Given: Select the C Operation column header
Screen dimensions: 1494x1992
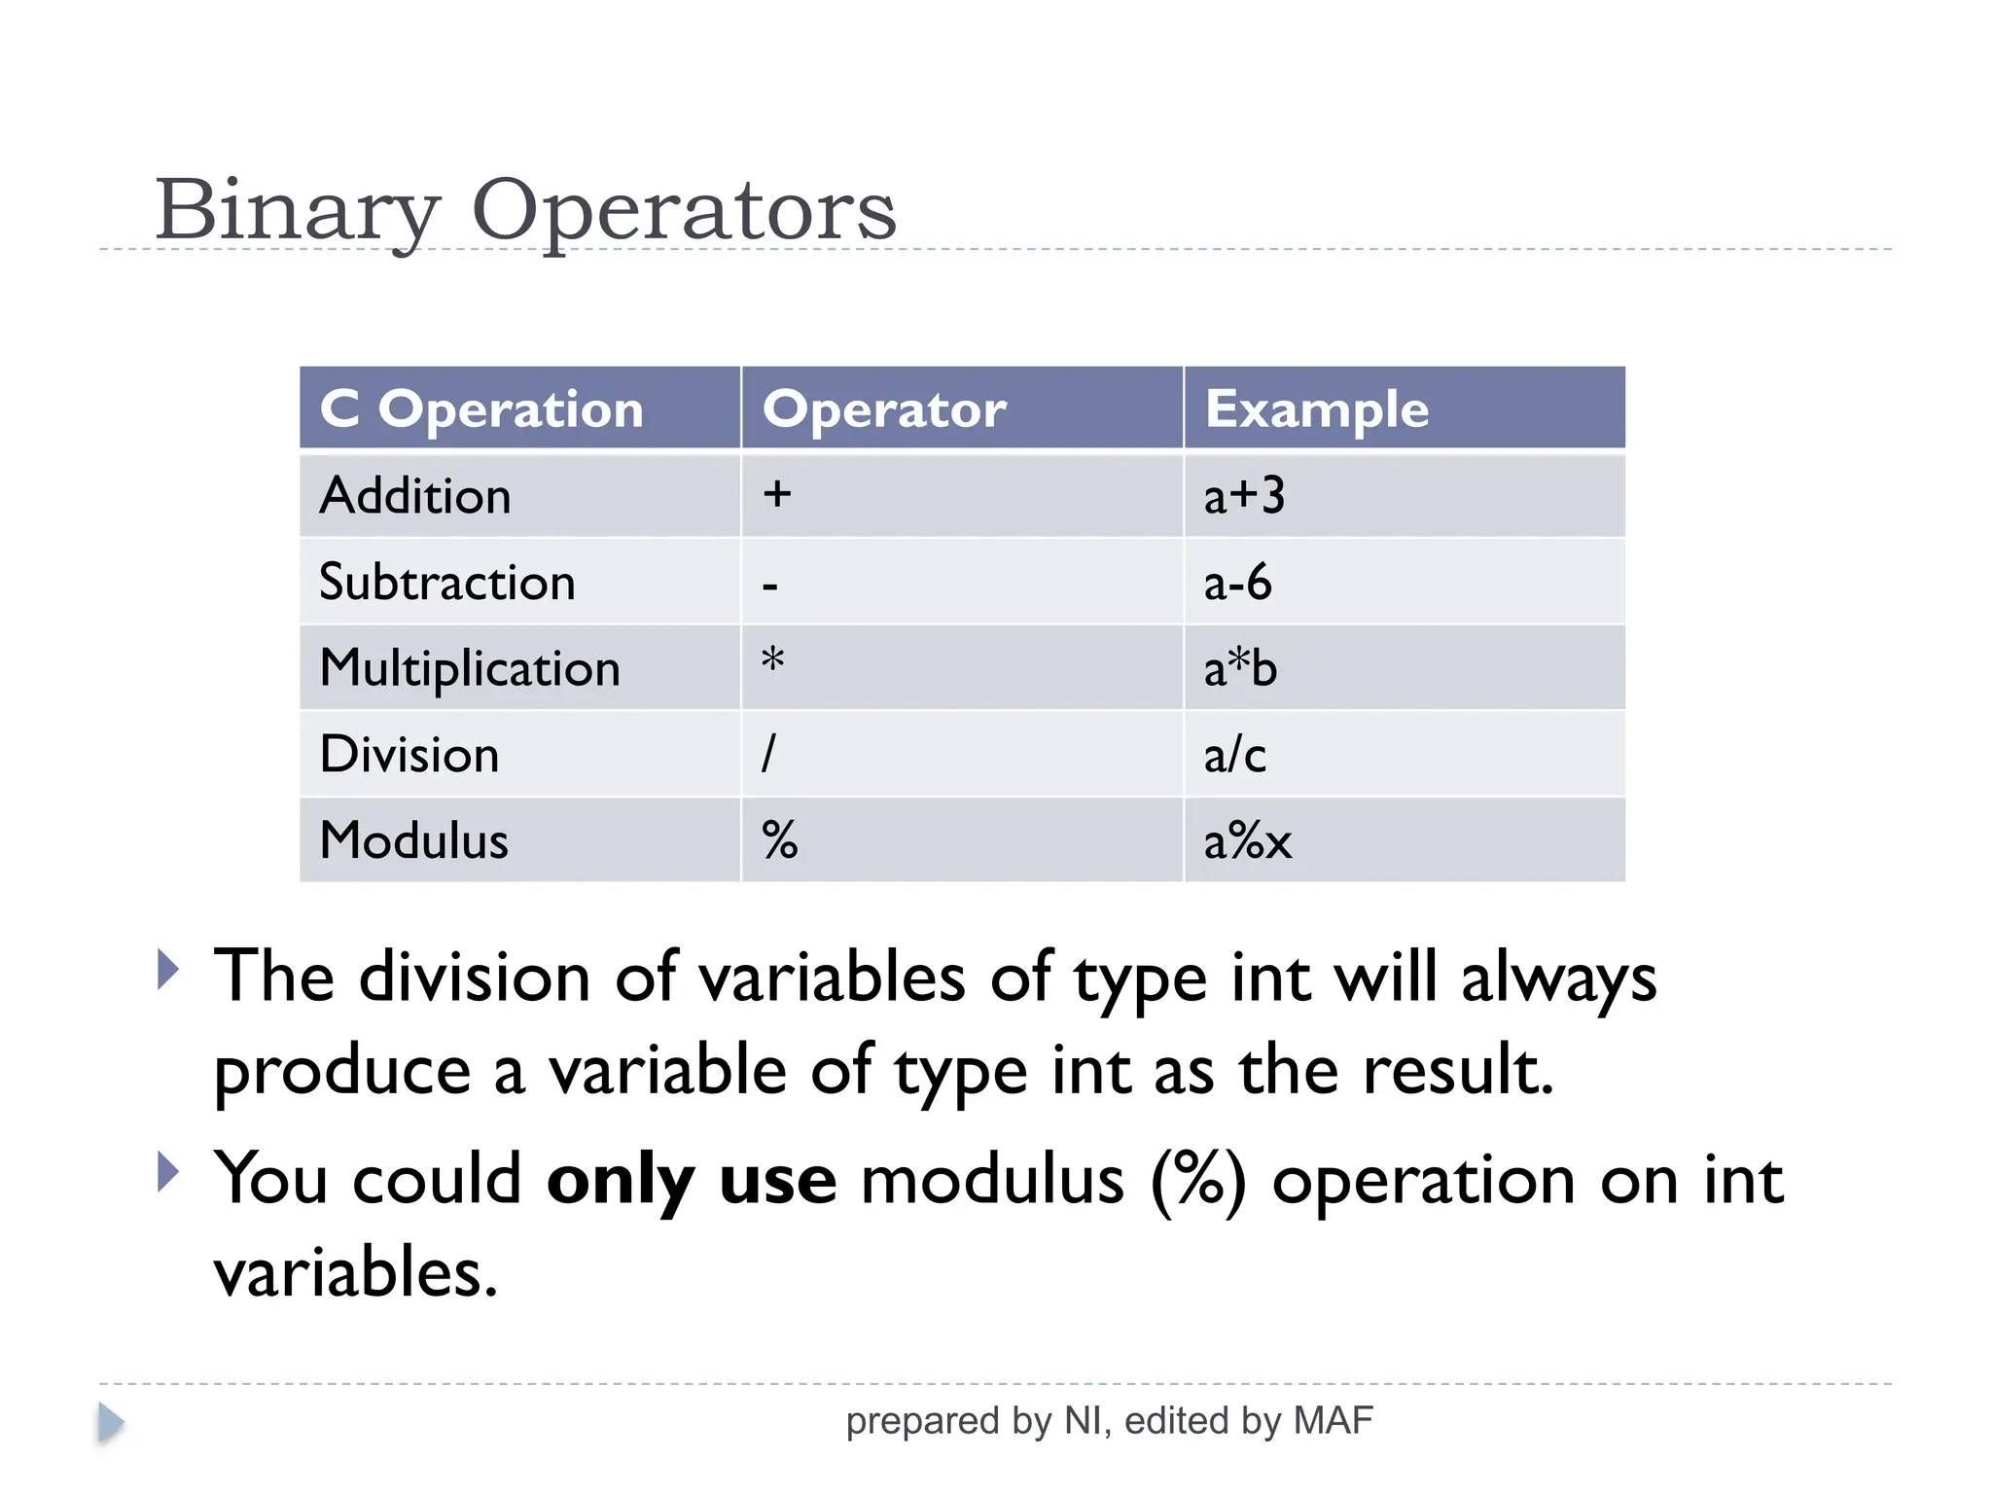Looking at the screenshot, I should (x=482, y=409).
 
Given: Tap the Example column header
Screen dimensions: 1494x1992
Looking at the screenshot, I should (x=1317, y=409).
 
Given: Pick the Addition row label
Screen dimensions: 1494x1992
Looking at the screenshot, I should (x=415, y=496).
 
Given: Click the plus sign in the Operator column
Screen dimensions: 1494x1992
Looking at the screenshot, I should (x=776, y=494).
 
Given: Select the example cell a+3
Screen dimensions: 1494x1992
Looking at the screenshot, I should (x=1244, y=496).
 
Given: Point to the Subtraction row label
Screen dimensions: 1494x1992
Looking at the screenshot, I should (x=447, y=583).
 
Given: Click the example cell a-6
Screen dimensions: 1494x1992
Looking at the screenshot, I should (x=1237, y=583).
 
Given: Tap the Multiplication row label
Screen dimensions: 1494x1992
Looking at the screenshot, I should (x=470, y=669).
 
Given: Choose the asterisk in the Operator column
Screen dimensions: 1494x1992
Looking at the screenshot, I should (x=772, y=661).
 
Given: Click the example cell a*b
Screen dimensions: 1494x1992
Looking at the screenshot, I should (x=1240, y=669).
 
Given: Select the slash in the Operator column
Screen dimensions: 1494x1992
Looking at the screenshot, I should (x=768, y=754).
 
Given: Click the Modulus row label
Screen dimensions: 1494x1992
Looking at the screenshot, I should (x=414, y=840).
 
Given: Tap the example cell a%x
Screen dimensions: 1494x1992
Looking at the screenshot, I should (x=1248, y=841).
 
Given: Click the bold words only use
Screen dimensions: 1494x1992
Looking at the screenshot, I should (x=692, y=1180).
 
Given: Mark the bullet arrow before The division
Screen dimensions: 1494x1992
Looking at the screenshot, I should (x=168, y=970).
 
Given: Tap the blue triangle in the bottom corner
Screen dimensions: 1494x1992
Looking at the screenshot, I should (x=110, y=1423).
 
